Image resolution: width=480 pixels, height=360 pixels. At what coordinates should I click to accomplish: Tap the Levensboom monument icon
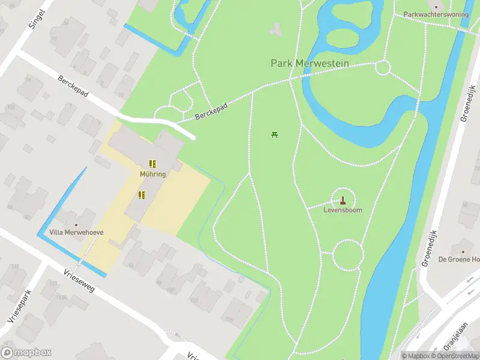pyautogui.click(x=343, y=200)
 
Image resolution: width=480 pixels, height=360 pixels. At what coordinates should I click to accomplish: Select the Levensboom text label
pyautogui.click(x=343, y=211)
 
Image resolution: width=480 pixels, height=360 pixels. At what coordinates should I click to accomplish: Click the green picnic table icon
pyautogui.click(x=274, y=134)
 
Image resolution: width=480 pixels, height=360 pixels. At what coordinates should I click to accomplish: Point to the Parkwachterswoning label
pyautogui.click(x=436, y=14)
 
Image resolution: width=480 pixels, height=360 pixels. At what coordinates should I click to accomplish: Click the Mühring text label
pyautogui.click(x=152, y=174)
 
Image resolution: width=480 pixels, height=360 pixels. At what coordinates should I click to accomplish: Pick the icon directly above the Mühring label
pyautogui.click(x=152, y=163)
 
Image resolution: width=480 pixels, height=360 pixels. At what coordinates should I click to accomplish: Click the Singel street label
pyautogui.click(x=37, y=19)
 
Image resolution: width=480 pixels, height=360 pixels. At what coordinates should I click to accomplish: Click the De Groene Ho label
pyautogui.click(x=459, y=259)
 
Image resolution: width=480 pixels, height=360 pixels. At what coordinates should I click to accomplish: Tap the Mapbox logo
pyautogui.click(x=26, y=353)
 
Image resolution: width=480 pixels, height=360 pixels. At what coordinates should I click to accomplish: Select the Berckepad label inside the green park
pyautogui.click(x=211, y=112)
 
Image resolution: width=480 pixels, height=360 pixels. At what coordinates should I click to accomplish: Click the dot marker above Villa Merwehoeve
pyautogui.click(x=76, y=226)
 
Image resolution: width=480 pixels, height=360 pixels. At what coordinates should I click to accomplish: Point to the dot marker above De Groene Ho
pyautogui.click(x=463, y=251)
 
